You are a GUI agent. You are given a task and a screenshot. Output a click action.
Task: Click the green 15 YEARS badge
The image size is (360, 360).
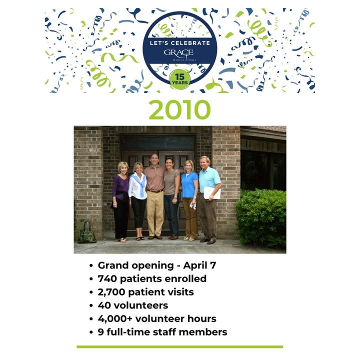pos(180,79)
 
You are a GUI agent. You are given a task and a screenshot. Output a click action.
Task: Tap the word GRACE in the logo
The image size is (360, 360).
pos(178,52)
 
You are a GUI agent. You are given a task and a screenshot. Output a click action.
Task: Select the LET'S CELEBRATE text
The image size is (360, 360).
pos(180,43)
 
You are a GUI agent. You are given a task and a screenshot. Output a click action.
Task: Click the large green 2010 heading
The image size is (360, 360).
pos(180,109)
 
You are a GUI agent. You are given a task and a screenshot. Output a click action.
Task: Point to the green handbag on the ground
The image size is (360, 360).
pos(87,232)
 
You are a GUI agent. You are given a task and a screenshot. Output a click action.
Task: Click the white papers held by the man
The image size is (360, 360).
pos(212,193)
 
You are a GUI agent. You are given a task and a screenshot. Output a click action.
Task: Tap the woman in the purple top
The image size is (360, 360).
pos(121,201)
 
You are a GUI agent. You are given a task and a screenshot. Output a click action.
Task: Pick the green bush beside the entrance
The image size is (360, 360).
pos(261,218)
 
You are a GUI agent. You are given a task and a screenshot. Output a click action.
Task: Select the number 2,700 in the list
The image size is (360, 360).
pos(111,292)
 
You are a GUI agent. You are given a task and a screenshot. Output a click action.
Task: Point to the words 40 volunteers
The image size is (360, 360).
pos(133,305)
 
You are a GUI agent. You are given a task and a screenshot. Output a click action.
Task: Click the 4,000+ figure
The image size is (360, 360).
pos(115,319)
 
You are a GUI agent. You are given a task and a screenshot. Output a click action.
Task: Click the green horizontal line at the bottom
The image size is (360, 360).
pos(180,346)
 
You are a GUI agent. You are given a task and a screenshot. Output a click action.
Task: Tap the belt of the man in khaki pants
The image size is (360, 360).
pos(155,190)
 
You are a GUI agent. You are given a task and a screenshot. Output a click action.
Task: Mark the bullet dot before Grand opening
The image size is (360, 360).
pos(91,265)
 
